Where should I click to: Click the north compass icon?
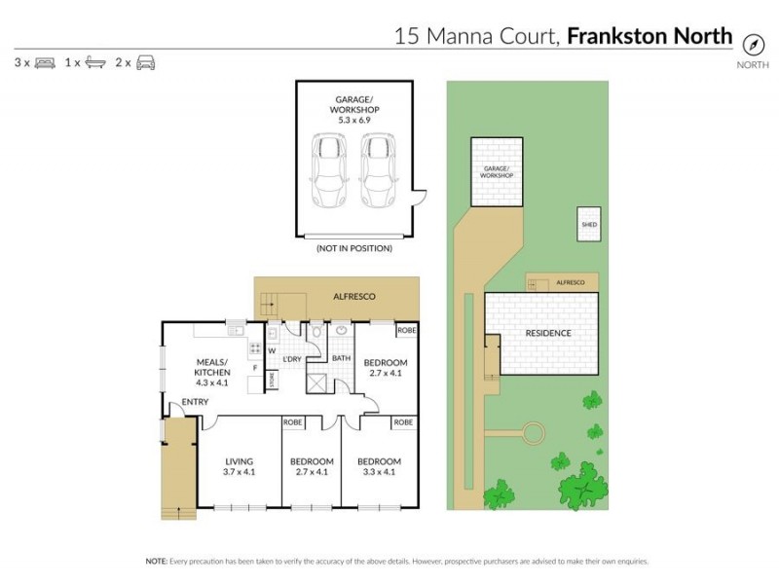(752, 44)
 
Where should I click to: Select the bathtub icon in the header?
(94, 62)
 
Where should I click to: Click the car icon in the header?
(145, 62)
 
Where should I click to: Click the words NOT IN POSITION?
(354, 248)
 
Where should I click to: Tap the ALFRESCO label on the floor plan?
(354, 295)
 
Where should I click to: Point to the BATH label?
(341, 358)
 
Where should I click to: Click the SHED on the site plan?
(589, 224)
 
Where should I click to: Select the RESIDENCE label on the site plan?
(548, 333)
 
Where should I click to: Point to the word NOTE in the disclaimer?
(155, 562)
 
